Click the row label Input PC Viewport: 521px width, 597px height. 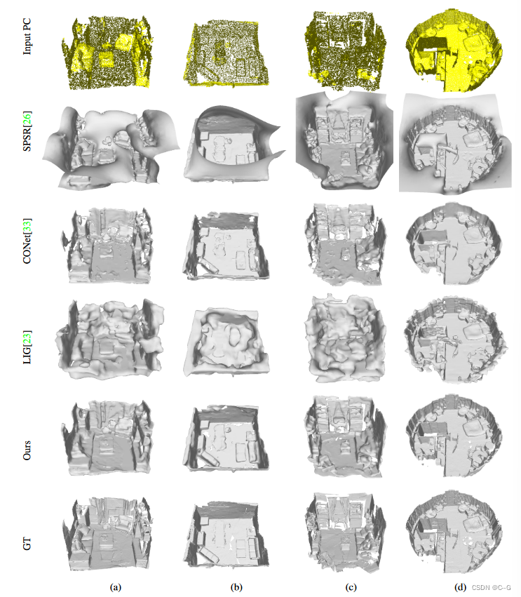pos(27,36)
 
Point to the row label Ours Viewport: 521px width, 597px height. pos(27,450)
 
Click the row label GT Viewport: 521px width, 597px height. pos(27,544)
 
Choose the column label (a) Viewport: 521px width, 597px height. pos(116,586)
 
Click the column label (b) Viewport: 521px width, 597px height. pos(236,586)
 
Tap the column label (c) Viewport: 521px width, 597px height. pos(351,586)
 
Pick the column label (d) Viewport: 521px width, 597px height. pos(461,586)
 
